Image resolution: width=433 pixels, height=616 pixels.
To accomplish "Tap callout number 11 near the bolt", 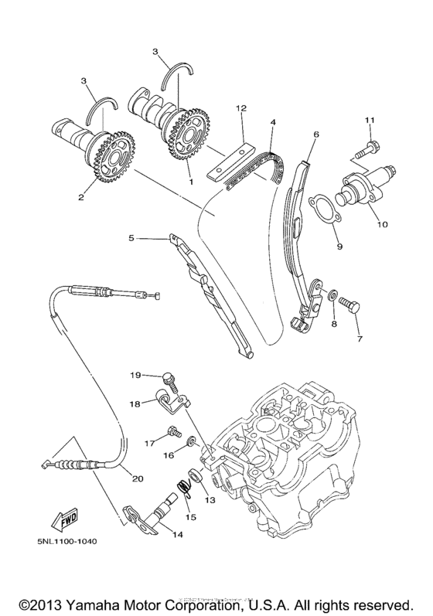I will click(370, 120).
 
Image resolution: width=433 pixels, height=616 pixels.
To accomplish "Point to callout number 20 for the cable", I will click(138, 478).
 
